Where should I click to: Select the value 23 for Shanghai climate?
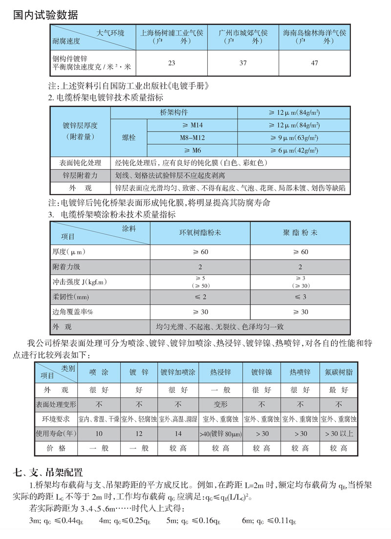[172, 63]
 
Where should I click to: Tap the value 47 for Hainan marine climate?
[314, 63]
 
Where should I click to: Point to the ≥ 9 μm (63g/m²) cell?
[294, 138]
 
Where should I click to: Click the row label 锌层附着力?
[81, 175]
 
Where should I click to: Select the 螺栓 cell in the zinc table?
[129, 138]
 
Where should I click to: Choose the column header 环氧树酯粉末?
[200, 232]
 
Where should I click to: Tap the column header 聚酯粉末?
[300, 232]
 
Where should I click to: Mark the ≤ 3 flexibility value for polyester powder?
[300, 297]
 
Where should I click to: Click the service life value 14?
[178, 434]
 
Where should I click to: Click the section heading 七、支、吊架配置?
[49, 472]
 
